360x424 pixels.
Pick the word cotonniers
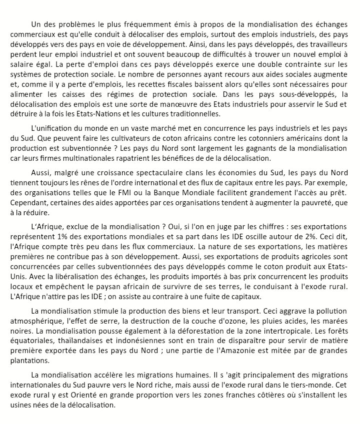[251, 137]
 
